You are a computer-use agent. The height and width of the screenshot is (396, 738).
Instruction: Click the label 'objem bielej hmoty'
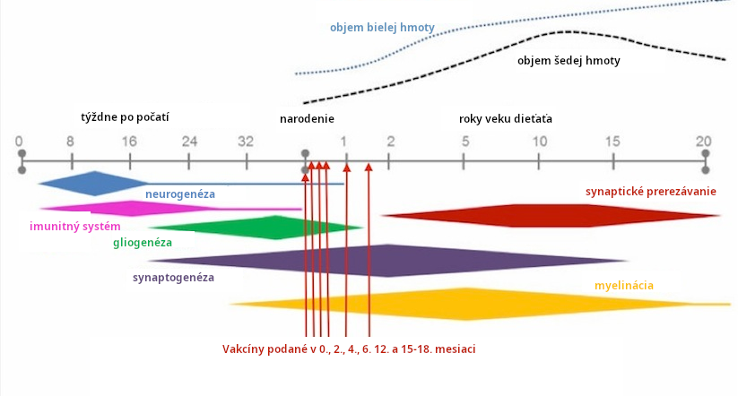382,28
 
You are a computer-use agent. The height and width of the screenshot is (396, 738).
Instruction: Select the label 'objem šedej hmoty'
569,62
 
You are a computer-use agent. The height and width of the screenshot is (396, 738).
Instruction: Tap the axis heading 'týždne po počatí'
125,117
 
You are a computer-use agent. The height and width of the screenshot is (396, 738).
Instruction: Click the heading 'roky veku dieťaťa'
506,118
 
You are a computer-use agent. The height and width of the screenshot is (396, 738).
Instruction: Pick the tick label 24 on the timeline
188,142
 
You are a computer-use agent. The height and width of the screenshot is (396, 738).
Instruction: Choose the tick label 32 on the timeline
246,142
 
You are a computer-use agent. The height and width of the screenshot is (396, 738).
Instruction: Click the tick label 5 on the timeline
465,142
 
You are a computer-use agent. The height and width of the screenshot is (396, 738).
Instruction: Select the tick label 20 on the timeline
705,142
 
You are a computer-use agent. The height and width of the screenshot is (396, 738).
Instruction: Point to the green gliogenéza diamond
269,227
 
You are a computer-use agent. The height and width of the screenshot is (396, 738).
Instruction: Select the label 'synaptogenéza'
173,278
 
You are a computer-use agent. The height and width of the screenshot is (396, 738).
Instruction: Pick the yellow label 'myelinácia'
623,286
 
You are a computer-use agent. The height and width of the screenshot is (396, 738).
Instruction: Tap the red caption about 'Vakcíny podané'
349,348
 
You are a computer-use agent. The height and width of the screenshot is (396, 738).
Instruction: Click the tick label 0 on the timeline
19,142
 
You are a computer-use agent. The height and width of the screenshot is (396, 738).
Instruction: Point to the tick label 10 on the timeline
539,142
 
